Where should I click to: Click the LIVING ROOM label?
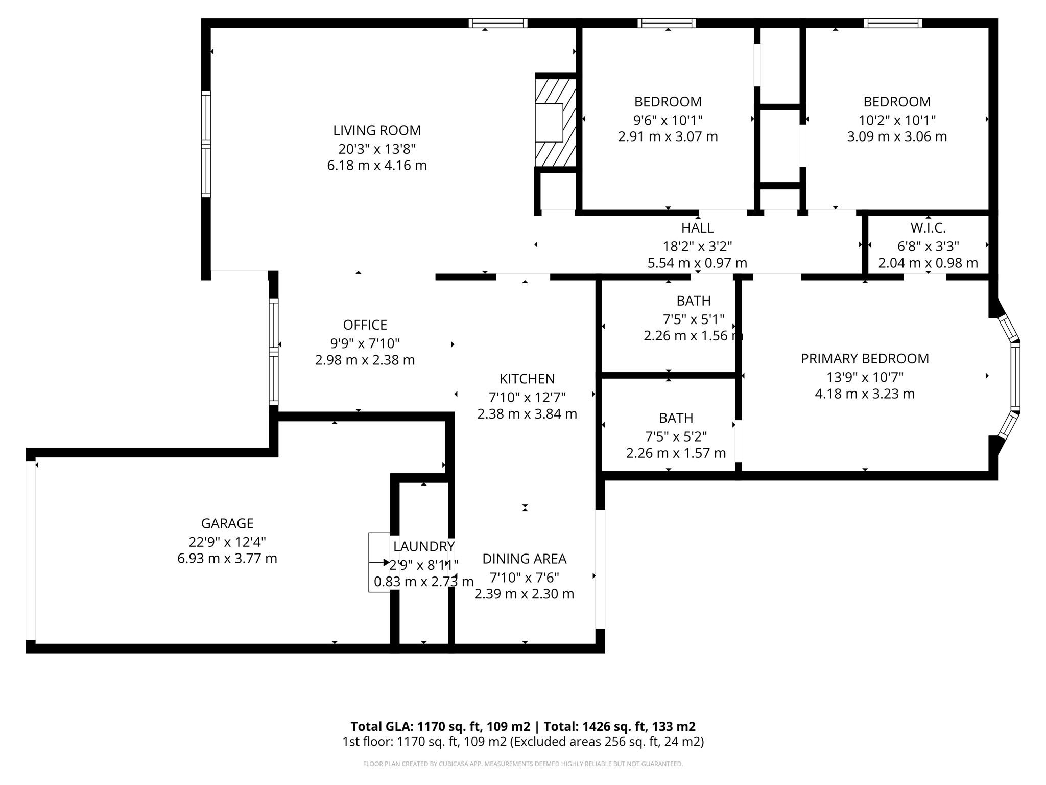[377, 130]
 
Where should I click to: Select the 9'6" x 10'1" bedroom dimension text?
[668, 120]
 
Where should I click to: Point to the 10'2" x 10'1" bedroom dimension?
[897, 120]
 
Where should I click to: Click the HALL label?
[697, 227]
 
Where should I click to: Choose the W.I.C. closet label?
[928, 227]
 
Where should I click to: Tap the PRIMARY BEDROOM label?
[864, 359]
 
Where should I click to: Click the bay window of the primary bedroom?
[1014, 376]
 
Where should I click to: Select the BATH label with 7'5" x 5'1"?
[693, 301]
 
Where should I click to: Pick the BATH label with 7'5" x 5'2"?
[676, 418]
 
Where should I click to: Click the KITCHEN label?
[527, 379]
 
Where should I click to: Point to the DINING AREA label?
[524, 559]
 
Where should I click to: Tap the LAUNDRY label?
[423, 546]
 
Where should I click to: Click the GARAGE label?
[227, 523]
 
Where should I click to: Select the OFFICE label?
[365, 325]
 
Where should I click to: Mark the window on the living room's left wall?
[206, 144]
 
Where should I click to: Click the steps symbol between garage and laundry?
[379, 562]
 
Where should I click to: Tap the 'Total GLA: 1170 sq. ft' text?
[440, 726]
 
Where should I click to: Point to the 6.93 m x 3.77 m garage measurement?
[227, 559]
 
